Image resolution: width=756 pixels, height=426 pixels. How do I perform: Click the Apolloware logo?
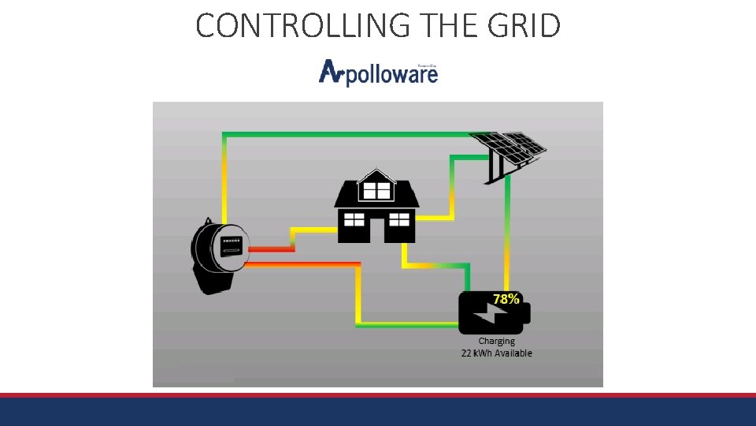pos(378,72)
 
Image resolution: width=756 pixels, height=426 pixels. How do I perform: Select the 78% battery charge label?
pos(506,299)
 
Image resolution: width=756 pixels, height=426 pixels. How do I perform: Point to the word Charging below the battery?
pos(496,341)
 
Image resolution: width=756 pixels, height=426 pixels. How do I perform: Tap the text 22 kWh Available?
pos(496,353)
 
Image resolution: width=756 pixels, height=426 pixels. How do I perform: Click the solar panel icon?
pos(507,152)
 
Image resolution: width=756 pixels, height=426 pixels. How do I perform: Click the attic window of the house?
pos(376,190)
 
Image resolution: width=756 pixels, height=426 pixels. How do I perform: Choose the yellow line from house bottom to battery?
pos(433,266)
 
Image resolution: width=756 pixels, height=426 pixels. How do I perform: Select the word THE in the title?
pos(444,25)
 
